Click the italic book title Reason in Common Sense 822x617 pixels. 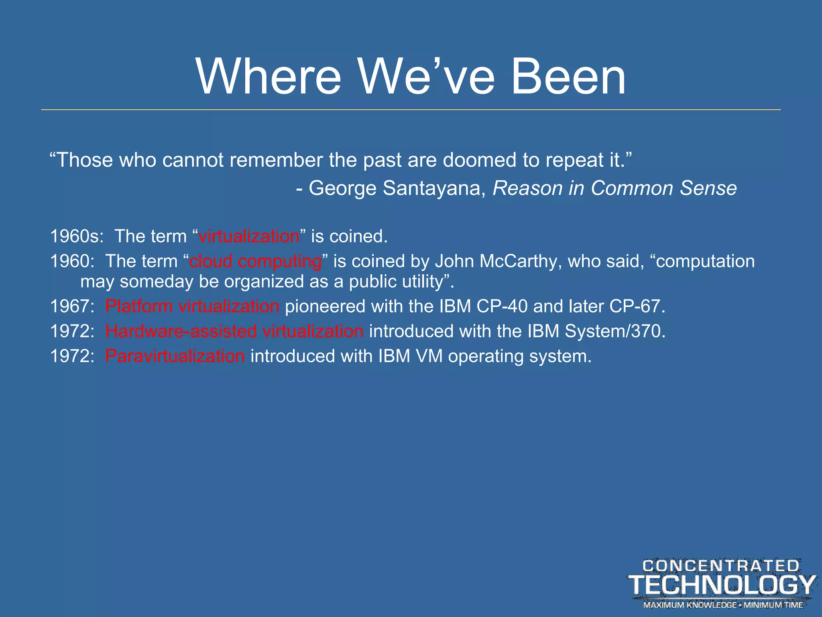pos(614,188)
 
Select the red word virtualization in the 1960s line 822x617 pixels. pos(249,236)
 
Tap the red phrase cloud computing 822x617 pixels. pos(255,262)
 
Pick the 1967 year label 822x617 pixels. pos(71,306)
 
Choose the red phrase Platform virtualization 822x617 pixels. pos(192,306)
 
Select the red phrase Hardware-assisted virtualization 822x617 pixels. pos(234,331)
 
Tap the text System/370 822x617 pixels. pos(614,331)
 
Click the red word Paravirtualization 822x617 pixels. pos(175,356)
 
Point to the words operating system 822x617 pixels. pos(519,356)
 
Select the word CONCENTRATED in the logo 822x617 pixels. pos(721,566)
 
